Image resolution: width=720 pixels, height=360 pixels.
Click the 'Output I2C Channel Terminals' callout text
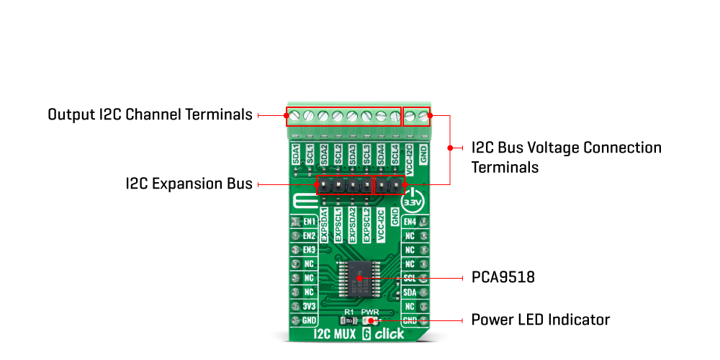[150, 114]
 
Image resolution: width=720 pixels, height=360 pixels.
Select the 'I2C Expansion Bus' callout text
[189, 184]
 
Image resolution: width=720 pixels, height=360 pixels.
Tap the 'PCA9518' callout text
[503, 276]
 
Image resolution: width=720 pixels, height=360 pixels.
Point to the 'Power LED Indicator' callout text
[540, 319]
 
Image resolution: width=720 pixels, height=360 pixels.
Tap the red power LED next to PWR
[372, 320]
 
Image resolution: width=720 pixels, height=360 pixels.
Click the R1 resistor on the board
[348, 320]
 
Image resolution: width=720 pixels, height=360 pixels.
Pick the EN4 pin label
[410, 222]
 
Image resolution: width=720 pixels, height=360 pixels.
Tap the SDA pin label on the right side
[410, 292]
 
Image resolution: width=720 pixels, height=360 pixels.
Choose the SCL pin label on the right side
[410, 278]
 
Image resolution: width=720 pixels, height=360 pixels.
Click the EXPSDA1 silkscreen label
[323, 224]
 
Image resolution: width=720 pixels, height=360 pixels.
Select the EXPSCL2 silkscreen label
[366, 224]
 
